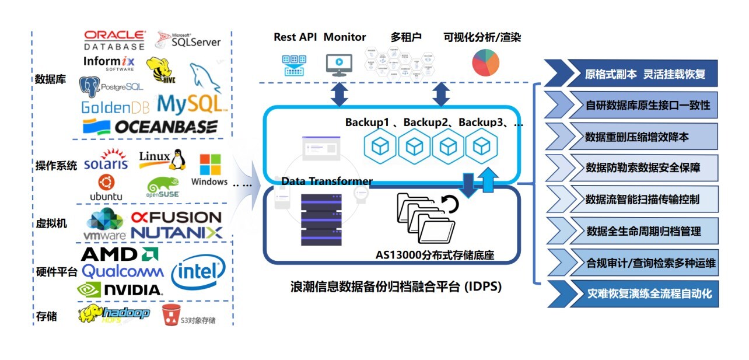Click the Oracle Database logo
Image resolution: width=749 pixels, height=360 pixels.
click(114, 40)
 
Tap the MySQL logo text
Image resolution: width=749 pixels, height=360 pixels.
click(191, 104)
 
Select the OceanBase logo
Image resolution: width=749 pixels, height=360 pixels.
click(150, 127)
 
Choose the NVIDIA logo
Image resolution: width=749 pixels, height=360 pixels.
click(120, 289)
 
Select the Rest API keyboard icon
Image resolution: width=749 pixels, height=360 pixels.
click(295, 64)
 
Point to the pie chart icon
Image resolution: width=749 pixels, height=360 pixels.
click(485, 62)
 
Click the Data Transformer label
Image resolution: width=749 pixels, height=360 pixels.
click(327, 181)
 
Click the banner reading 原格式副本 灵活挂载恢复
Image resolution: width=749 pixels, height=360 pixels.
click(639, 74)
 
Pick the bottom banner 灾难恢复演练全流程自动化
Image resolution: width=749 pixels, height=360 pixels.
click(639, 293)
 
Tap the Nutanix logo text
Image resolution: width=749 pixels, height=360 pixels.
click(176, 233)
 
